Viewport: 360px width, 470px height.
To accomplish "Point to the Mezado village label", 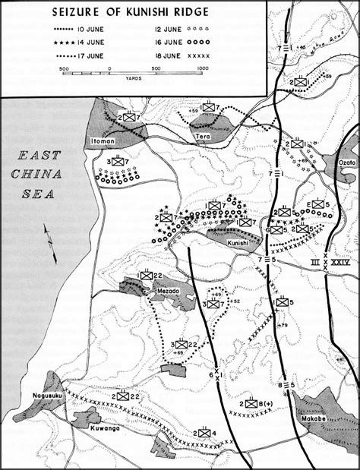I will (x=166, y=291).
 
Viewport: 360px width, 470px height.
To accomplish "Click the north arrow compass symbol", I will (x=50, y=243).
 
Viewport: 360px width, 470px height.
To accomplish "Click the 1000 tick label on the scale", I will (x=203, y=69).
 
